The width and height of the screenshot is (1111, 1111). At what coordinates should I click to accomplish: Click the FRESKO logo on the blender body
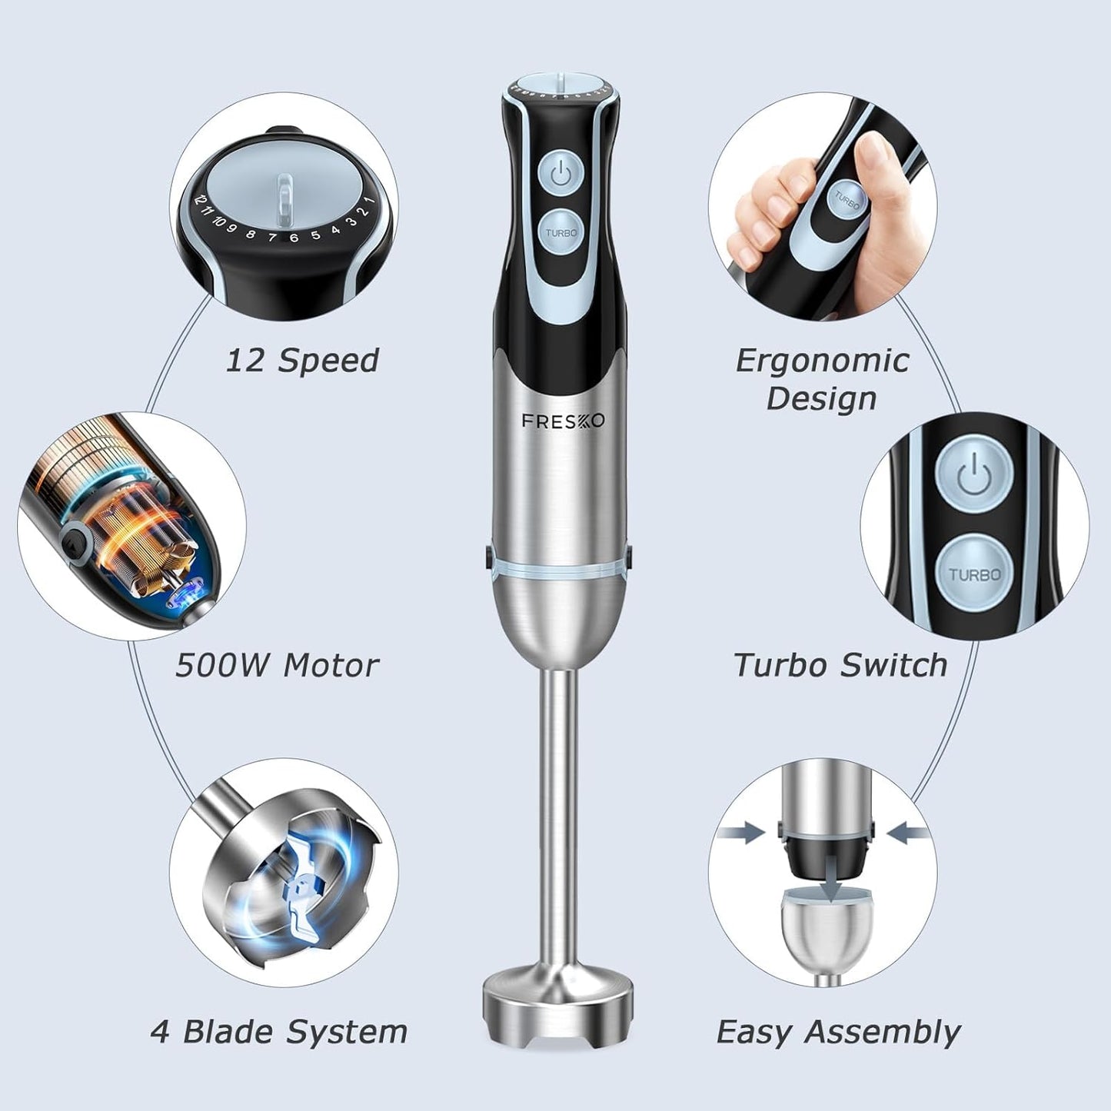coord(563,421)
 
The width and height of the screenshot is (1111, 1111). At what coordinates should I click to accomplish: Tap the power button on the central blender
coord(560,173)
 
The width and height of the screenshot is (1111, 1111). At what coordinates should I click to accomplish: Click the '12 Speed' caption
coord(302,360)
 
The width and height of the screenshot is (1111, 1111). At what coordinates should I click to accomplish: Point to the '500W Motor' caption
coord(277,665)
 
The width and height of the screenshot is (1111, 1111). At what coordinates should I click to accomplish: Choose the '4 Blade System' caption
coord(279,1031)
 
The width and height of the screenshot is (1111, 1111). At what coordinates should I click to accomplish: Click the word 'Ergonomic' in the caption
coord(822,360)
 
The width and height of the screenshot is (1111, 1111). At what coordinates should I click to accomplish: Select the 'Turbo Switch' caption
coord(840,665)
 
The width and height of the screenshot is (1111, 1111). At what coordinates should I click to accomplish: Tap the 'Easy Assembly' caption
coord(838,1031)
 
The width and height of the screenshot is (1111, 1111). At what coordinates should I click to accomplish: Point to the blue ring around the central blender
coord(560,569)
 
